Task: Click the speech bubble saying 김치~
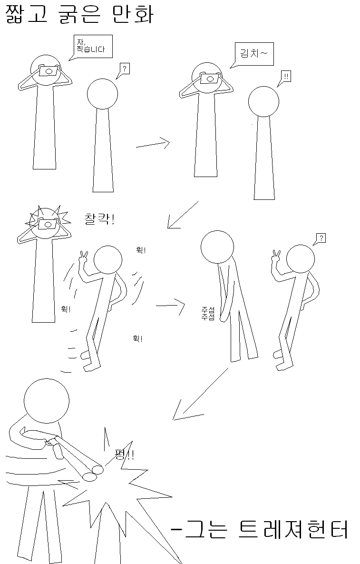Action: [254, 54]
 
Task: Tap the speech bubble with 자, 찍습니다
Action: [92, 46]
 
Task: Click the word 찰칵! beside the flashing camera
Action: [99, 218]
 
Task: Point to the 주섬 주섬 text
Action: [208, 313]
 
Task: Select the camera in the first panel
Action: [49, 70]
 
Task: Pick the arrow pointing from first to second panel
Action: [153, 144]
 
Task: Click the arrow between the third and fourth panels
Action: [170, 306]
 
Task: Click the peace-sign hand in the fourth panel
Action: [276, 256]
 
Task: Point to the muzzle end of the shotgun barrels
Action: [93, 472]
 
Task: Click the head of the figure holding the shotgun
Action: [47, 401]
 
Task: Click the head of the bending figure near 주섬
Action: [217, 247]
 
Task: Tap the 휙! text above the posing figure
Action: [141, 250]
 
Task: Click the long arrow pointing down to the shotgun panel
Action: [201, 394]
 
